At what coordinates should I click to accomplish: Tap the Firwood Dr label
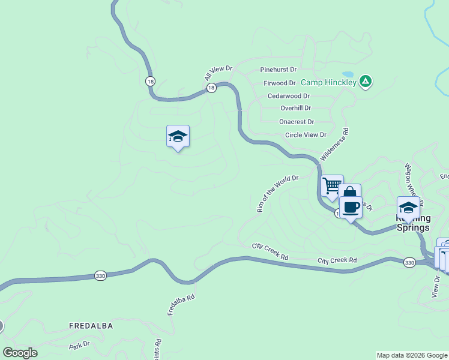pyautogui.click(x=280, y=83)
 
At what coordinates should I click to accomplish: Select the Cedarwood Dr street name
pyautogui.click(x=289, y=96)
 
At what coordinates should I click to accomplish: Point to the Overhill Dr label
pyautogui.click(x=295, y=108)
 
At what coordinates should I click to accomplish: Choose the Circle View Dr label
pyautogui.click(x=306, y=135)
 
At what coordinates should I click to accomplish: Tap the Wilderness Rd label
pyautogui.click(x=334, y=143)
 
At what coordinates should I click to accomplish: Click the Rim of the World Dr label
pyautogui.click(x=277, y=194)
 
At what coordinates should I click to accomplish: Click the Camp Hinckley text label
pyautogui.click(x=328, y=82)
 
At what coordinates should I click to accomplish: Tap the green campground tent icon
pyautogui.click(x=366, y=82)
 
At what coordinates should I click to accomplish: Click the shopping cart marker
pyautogui.click(x=332, y=185)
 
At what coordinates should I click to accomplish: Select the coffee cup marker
pyautogui.click(x=351, y=208)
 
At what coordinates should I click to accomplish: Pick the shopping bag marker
pyautogui.click(x=349, y=194)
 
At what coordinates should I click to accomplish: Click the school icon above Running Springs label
pyautogui.click(x=408, y=207)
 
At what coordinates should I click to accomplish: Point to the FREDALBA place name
pyautogui.click(x=91, y=326)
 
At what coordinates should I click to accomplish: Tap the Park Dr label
pyautogui.click(x=79, y=346)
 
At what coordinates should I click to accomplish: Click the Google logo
pyautogui.click(x=20, y=353)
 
